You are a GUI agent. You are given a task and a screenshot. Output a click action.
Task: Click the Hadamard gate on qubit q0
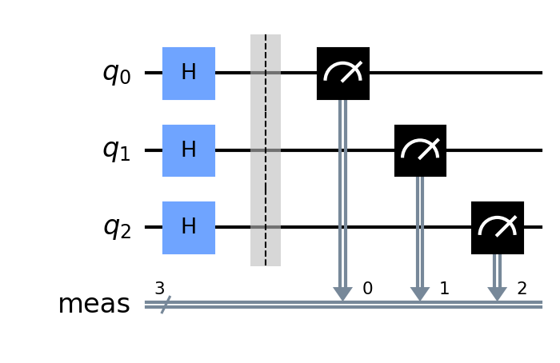click(188, 74)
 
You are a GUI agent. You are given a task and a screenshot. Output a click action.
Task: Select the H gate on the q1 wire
click(188, 150)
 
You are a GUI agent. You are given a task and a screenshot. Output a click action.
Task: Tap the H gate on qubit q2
click(188, 228)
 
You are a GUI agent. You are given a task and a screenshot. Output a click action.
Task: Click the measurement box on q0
click(342, 74)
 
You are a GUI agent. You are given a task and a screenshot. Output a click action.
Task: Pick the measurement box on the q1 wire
click(420, 150)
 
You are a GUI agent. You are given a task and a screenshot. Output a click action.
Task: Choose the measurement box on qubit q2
click(497, 228)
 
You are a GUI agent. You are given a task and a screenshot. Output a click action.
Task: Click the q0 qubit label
click(116, 74)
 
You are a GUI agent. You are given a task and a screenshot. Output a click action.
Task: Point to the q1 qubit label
click(116, 150)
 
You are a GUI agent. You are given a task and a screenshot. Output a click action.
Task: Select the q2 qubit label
click(116, 228)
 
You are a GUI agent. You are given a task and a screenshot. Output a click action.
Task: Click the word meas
click(94, 305)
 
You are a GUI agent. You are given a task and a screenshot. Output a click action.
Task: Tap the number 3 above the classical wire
click(160, 288)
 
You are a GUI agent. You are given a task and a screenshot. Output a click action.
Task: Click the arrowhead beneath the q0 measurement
click(342, 295)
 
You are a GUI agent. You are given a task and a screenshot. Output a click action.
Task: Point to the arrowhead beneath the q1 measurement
click(420, 295)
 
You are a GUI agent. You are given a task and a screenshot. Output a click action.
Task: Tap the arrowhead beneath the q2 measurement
click(497, 295)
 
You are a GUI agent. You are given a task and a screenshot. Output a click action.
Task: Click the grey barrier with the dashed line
click(266, 150)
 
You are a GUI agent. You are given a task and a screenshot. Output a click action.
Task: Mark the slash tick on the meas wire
click(164, 305)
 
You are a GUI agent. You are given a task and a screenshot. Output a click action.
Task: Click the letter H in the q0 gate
click(188, 74)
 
